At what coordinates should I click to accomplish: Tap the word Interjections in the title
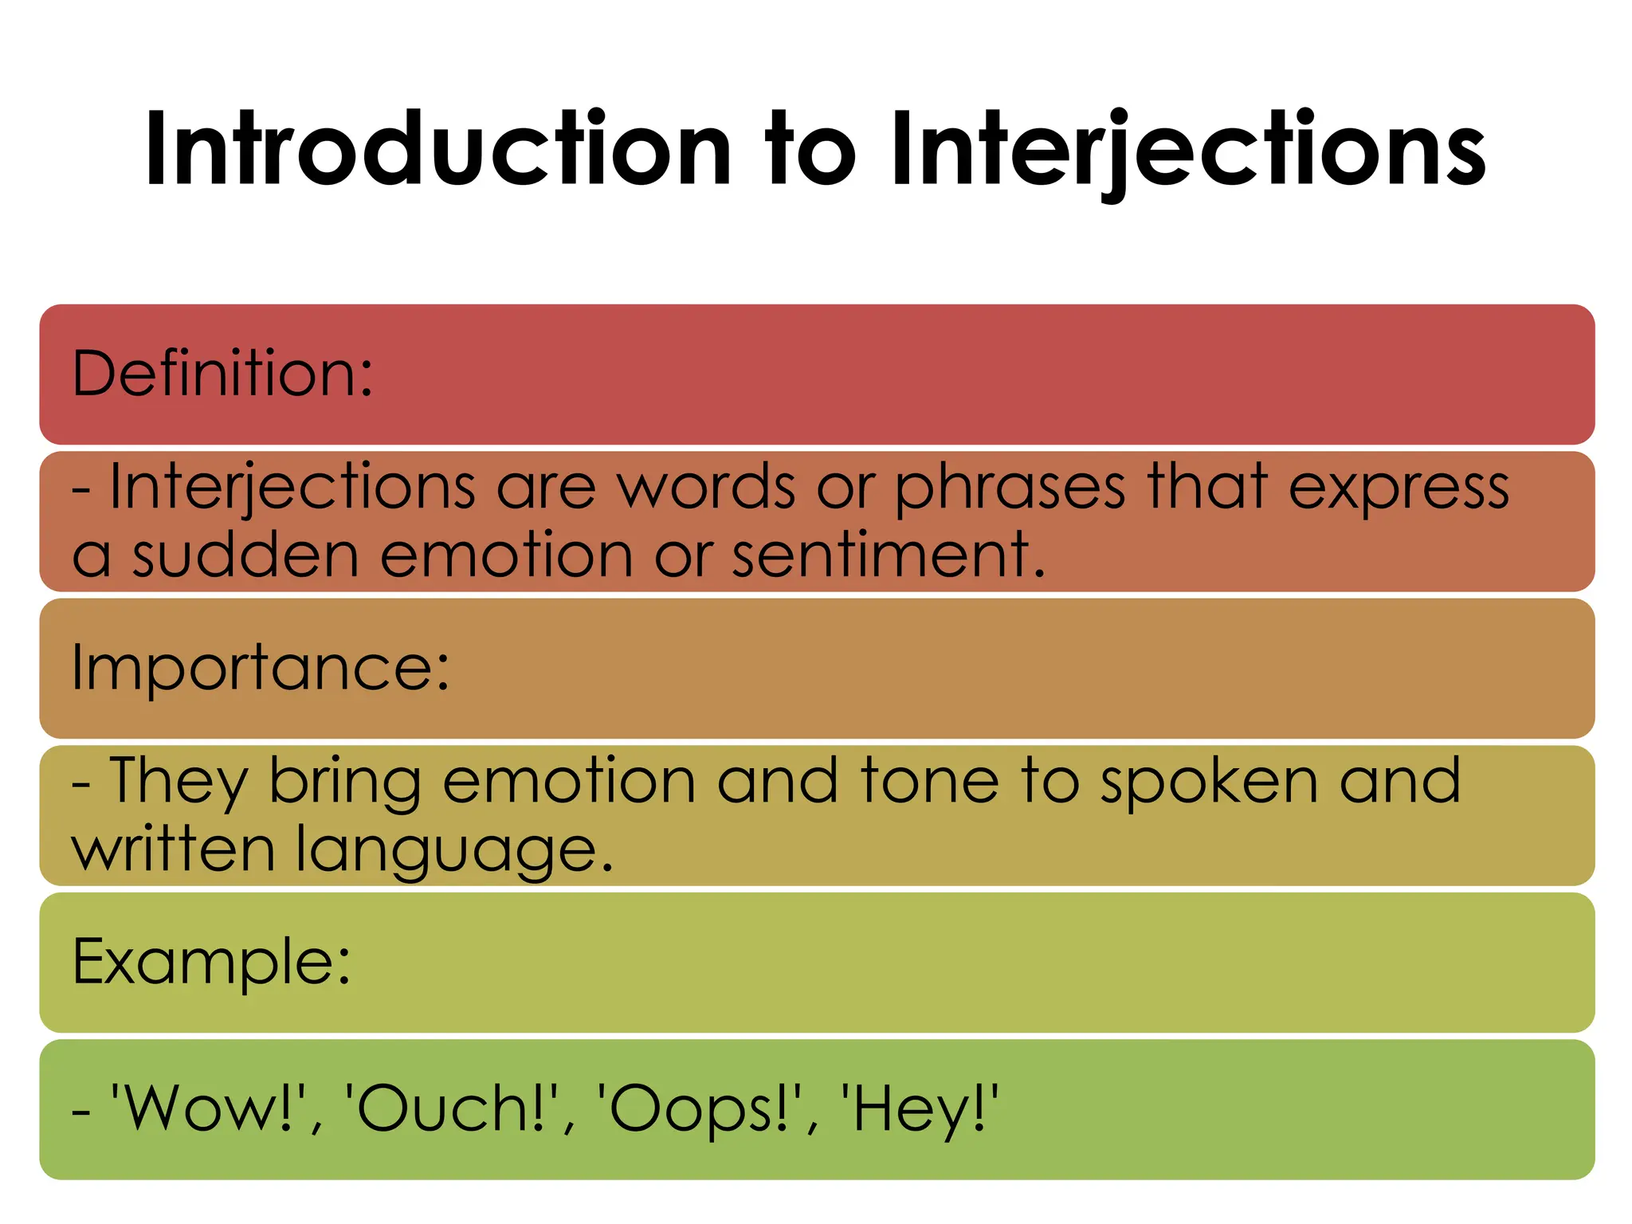coord(1187,150)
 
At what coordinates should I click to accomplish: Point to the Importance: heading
coord(261,668)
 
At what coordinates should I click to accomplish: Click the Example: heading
coord(211,961)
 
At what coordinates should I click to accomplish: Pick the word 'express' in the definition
coord(1399,488)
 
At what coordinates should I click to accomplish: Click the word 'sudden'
coord(245,555)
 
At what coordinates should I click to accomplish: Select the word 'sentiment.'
coord(889,555)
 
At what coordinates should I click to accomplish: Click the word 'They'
coord(178,781)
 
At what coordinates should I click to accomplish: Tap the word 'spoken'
coord(1209,783)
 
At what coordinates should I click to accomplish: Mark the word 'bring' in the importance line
coord(344,783)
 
